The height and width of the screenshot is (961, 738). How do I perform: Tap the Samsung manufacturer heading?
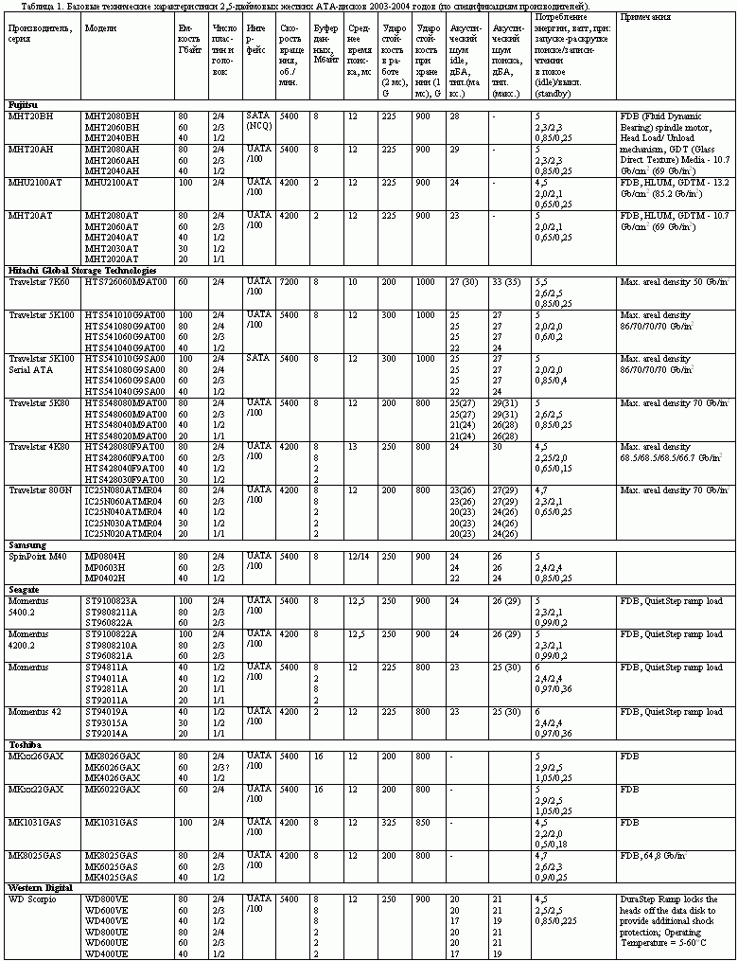[x=26, y=545]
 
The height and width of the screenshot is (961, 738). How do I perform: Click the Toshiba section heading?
[x=25, y=745]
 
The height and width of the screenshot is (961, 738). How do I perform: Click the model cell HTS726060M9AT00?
[x=126, y=282]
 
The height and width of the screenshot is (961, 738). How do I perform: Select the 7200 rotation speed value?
[x=290, y=282]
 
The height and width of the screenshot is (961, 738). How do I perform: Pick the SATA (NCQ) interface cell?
[x=259, y=120]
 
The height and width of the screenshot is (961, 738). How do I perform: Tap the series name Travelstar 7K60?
[x=41, y=282]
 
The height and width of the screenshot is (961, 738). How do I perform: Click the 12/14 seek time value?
[x=358, y=557]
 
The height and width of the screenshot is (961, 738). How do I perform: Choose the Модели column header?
[x=101, y=28]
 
